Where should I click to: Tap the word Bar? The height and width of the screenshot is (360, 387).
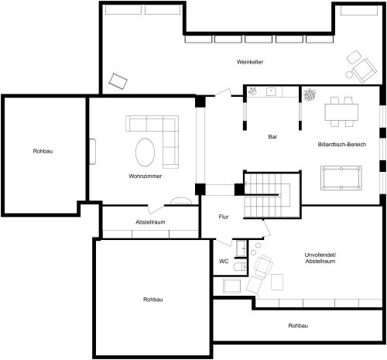click(x=272, y=136)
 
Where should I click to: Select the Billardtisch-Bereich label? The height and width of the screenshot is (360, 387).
click(x=341, y=145)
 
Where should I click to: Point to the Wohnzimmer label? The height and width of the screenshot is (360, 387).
click(x=145, y=177)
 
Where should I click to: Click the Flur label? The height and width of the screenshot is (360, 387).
click(x=224, y=217)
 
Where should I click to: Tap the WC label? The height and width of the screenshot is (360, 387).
click(x=224, y=262)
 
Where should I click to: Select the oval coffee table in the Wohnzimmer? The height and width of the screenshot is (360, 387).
click(x=146, y=152)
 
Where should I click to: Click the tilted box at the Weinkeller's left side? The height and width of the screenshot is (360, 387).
click(x=118, y=80)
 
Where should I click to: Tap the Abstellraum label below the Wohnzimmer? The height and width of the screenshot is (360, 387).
click(x=150, y=222)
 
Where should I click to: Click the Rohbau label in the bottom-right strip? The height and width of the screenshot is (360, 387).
click(x=298, y=326)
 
